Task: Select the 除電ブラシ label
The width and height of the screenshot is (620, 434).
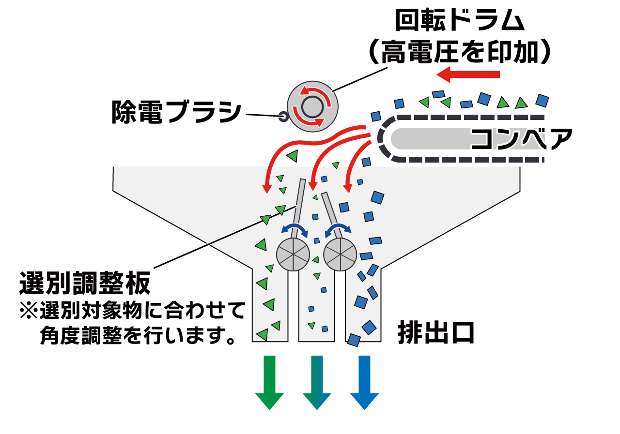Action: [176, 112]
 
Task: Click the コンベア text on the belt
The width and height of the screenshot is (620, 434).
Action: [521, 139]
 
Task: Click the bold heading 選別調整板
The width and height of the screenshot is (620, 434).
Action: [85, 283]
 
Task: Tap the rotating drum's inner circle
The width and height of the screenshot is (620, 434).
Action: [310, 106]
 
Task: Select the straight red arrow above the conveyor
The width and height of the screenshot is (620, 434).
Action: [468, 75]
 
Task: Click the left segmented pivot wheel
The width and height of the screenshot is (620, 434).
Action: [293, 254]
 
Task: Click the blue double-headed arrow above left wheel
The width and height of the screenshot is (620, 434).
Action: [295, 228]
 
